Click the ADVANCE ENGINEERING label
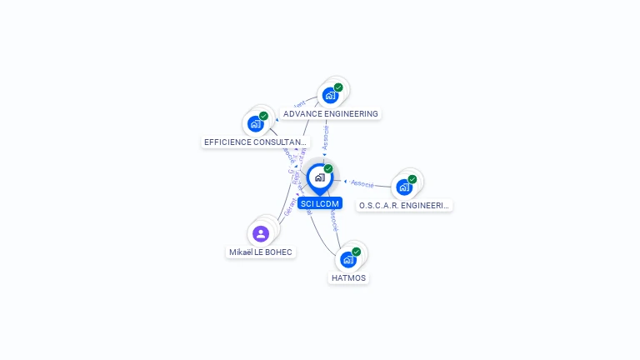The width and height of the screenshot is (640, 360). [331, 113]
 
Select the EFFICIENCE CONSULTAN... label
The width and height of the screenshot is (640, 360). [255, 142]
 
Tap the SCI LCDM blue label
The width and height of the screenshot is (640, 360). [320, 203]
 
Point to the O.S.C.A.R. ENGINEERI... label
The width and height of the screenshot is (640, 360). [404, 205]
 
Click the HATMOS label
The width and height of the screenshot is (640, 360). [348, 277]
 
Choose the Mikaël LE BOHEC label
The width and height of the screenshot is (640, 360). [262, 252]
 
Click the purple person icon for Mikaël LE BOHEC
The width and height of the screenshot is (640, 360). [261, 233]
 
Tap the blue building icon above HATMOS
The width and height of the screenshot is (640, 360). [347, 259]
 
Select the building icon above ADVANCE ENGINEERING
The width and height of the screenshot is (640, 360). [330, 95]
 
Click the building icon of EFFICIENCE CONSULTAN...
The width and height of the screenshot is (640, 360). [255, 124]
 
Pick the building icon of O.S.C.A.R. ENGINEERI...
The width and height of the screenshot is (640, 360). [404, 187]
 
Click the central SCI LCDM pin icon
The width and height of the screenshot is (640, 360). [319, 177]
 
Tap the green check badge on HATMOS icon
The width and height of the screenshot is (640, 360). [357, 251]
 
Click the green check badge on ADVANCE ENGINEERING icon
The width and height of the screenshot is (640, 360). [338, 87]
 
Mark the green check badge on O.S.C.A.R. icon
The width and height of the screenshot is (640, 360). [412, 178]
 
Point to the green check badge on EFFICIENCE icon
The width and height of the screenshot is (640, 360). [263, 116]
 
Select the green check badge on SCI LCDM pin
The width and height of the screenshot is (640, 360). [328, 168]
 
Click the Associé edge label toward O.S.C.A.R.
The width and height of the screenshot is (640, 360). [362, 182]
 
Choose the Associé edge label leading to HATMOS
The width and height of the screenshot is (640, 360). [332, 221]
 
